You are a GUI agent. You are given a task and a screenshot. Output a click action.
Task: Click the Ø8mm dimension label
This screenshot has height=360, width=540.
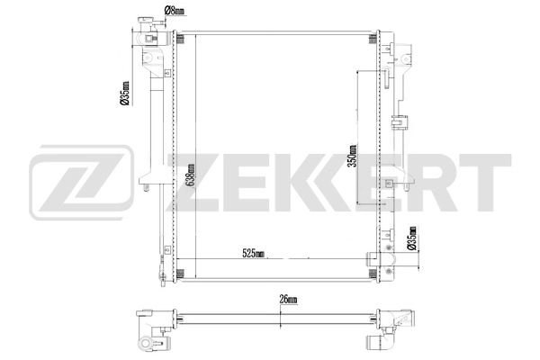pyautogui.click(x=175, y=12)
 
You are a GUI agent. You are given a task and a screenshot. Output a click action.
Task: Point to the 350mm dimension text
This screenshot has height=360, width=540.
pyautogui.click(x=353, y=155)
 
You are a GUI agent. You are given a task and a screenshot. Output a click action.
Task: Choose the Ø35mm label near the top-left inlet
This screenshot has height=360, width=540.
pyautogui.click(x=125, y=94)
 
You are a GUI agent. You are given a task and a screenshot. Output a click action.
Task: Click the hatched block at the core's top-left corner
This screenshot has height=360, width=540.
pyautogui.click(x=178, y=40)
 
